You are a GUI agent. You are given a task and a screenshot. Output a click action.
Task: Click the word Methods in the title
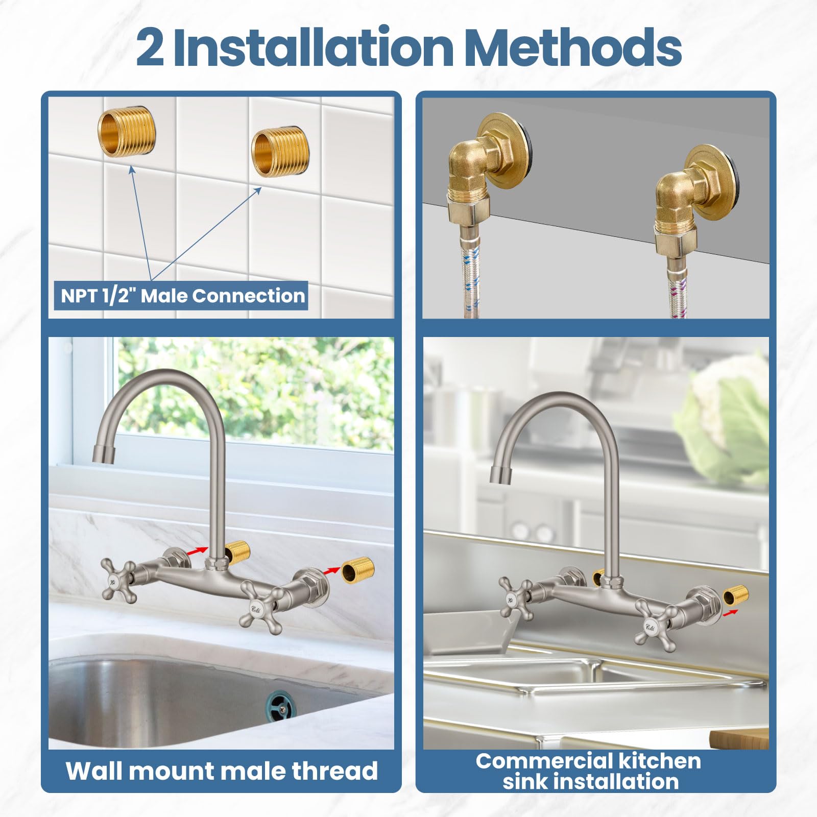573,47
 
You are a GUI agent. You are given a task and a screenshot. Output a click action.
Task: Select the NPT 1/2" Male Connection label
182,296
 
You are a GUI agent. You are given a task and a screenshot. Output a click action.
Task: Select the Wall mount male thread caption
222,771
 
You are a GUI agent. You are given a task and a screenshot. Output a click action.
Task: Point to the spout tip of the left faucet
104,453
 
